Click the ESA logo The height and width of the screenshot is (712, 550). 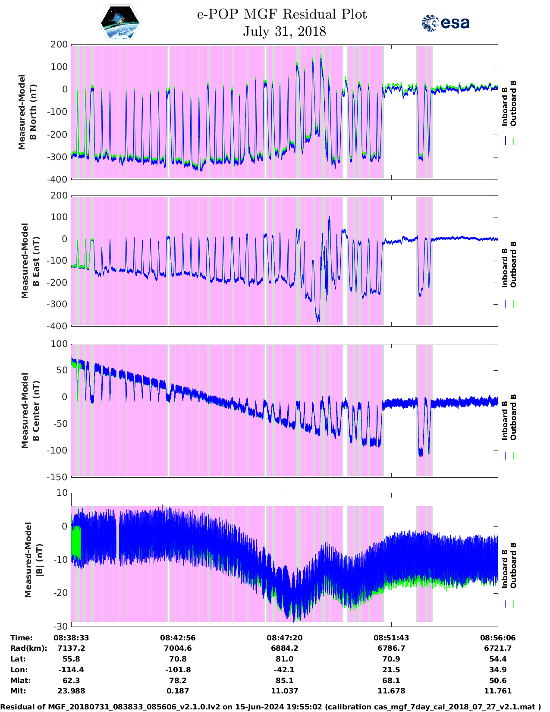click(445, 22)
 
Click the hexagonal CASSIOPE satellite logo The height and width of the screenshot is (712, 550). click(120, 22)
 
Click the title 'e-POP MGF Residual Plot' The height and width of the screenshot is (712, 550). click(282, 14)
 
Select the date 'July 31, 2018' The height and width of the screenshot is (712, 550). click(284, 32)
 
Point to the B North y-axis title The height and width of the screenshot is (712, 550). click(27, 112)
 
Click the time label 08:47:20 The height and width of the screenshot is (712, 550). click(284, 638)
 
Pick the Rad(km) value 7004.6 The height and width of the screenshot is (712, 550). click(178, 648)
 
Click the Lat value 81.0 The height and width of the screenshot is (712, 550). click(284, 659)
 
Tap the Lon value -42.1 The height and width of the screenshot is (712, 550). click(284, 670)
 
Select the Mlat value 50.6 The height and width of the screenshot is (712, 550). click(498, 680)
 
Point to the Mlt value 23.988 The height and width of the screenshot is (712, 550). click(71, 691)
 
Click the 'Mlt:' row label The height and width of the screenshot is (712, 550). click(18, 691)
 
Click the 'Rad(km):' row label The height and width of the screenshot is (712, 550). click(29, 648)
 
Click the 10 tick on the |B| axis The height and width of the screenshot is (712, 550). click(62, 493)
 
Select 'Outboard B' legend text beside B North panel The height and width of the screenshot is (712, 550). click(513, 103)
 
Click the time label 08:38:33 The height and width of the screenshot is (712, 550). click(71, 638)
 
